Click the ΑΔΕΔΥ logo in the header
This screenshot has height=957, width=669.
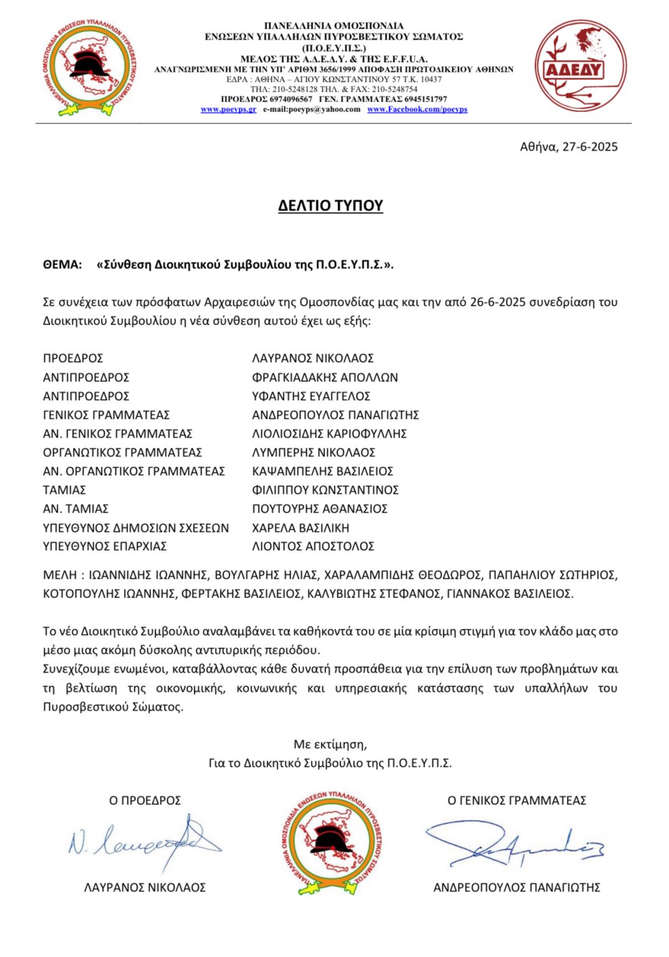(581, 66)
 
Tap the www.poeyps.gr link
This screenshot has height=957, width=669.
(228, 110)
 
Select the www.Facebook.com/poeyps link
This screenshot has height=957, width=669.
(417, 110)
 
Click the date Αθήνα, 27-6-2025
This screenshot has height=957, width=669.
(569, 147)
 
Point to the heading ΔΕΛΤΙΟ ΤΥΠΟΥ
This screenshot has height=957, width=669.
(330, 206)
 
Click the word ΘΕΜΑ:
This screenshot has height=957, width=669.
(62, 265)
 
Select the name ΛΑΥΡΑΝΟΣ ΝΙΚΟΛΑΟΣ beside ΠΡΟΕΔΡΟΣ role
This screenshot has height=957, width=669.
(313, 358)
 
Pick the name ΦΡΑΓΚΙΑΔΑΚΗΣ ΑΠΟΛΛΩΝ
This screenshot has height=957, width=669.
(325, 378)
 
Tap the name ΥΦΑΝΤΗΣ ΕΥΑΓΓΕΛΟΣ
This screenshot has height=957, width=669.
(311, 396)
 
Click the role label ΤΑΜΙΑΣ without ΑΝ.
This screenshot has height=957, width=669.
(64, 490)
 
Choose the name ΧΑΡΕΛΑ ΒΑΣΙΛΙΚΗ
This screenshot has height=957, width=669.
(300, 528)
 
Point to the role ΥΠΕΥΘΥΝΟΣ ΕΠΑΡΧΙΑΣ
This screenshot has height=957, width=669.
(105, 546)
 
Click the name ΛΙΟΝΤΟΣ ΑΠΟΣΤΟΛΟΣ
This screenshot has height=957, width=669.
(313, 546)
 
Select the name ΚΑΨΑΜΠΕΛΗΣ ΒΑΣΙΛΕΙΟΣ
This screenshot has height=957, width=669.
(322, 472)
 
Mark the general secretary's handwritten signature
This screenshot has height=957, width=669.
(515, 845)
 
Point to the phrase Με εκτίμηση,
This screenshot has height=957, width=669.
(330, 745)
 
